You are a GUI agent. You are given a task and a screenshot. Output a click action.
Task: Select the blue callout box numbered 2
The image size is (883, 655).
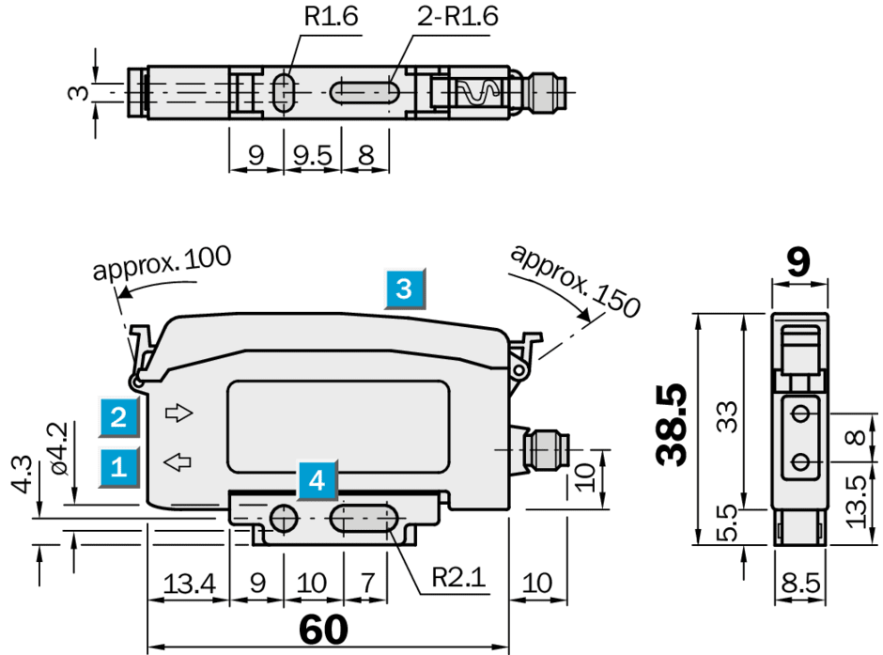pos(119,415)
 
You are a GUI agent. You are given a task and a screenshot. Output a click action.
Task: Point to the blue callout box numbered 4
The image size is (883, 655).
pos(318,481)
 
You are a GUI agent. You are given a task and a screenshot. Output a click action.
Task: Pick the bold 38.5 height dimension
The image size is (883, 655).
pos(674,425)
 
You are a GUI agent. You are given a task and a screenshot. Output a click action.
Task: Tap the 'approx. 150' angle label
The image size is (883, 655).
pos(575,279)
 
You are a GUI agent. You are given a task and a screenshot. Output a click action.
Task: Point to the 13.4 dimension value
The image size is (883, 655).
pos(189,584)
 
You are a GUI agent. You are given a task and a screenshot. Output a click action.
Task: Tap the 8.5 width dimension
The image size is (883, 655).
pos(800,584)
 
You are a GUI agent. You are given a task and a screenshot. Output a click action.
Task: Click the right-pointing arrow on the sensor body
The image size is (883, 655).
pos(178,412)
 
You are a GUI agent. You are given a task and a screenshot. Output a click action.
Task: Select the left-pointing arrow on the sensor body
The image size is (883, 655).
pos(178,460)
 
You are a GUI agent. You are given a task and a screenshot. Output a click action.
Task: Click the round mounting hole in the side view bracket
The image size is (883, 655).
pos(282,518)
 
